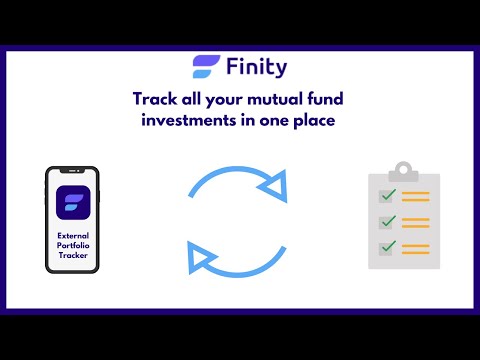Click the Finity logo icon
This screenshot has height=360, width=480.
click(206, 68)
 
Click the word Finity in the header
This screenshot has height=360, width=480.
click(255, 68)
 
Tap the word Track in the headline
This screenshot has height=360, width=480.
click(156, 99)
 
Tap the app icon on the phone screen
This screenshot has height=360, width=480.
click(73, 204)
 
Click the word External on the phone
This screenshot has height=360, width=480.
click(73, 236)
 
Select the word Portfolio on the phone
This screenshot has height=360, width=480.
click(73, 247)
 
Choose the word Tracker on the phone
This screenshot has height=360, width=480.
click(73, 258)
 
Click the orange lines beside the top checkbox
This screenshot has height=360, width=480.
click(416, 197)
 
